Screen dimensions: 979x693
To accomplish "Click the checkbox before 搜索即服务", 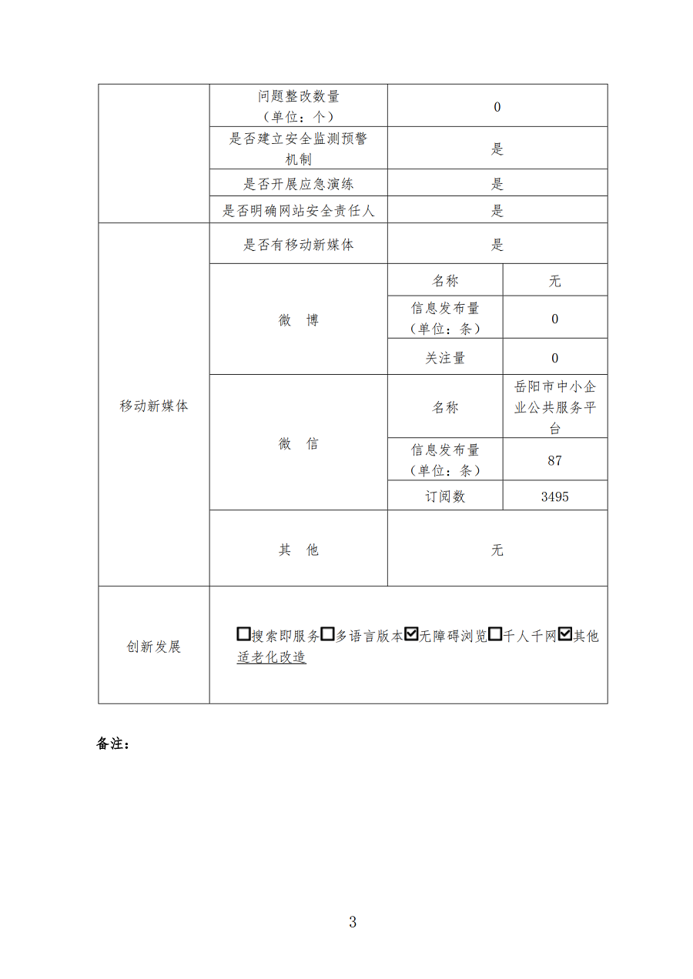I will [244, 635].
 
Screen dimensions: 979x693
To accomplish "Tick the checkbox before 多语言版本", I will [327, 635].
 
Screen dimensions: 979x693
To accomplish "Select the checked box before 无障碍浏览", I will [411, 635].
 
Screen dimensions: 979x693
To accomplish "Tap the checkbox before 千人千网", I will [495, 635].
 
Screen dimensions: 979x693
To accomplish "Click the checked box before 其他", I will [565, 635].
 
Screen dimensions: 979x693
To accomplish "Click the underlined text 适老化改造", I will [272, 658].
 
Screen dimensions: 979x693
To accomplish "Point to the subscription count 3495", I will [554, 496].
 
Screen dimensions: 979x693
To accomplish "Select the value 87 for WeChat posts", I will [554, 460].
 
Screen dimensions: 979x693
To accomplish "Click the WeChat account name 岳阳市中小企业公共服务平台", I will [554, 407].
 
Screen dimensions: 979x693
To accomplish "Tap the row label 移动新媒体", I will [154, 406].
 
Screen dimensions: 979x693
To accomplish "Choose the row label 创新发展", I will [154, 647].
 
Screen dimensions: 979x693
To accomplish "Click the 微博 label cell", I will [298, 320].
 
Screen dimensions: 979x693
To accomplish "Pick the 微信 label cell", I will [298, 443].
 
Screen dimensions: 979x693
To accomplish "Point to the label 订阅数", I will [445, 496].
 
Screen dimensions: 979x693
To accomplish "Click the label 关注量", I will [445, 358].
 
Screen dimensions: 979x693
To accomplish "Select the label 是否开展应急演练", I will [299, 184].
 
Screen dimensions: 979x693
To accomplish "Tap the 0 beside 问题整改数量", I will [497, 107].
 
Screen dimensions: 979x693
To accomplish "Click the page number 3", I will [352, 921].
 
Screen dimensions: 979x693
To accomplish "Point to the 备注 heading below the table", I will [113, 744].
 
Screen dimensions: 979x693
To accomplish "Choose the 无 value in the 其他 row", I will [497, 550].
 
